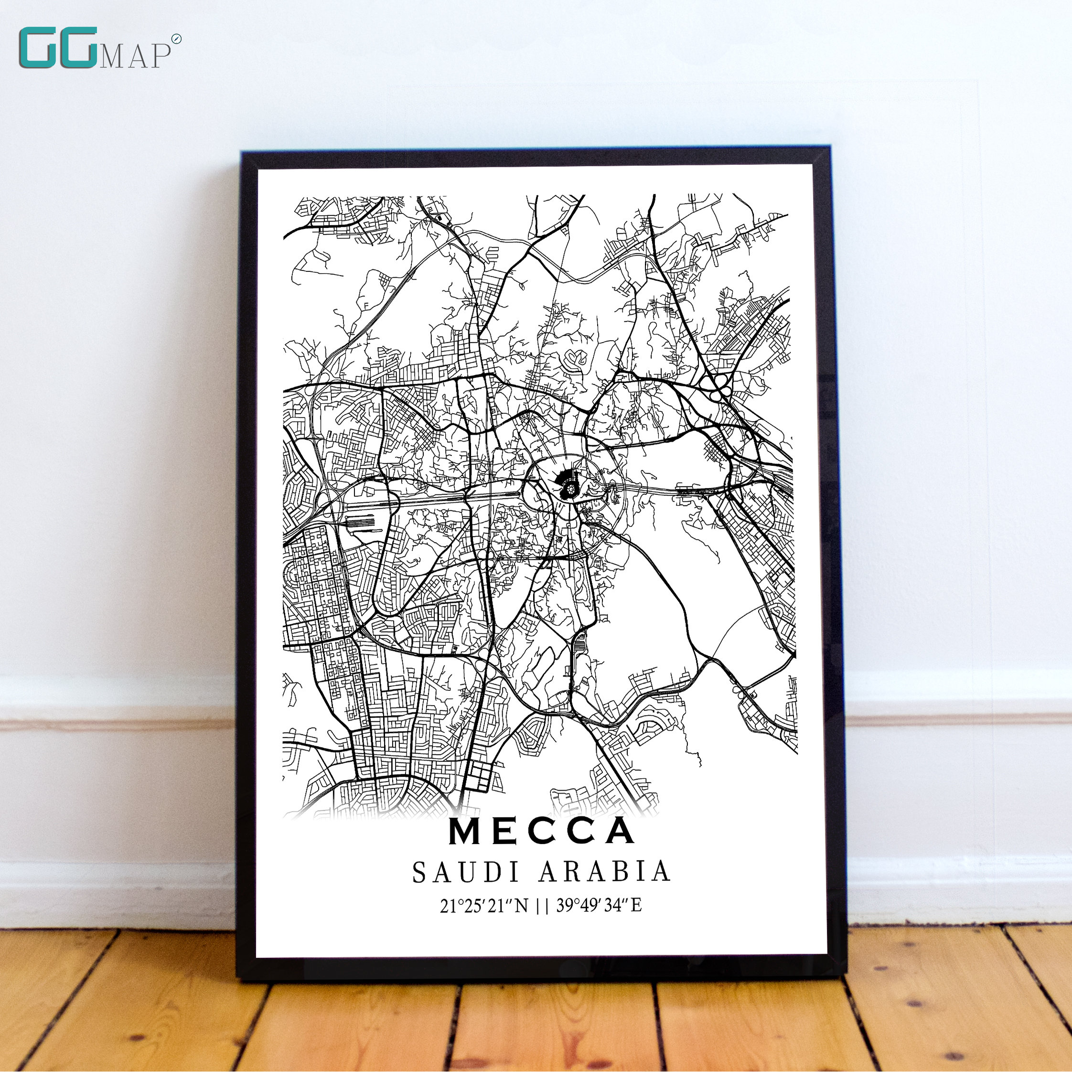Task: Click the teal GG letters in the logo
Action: (x=58, y=49)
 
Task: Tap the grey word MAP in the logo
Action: (x=135, y=57)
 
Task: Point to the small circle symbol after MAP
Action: (x=176, y=39)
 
